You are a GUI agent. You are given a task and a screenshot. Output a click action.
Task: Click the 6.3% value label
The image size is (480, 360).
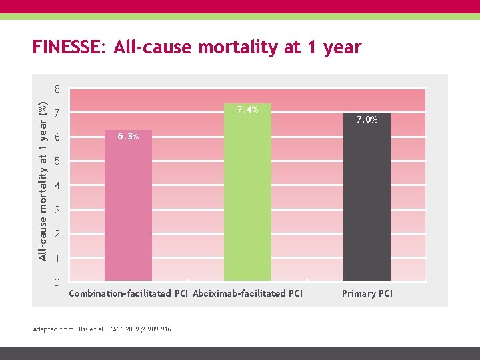pyautogui.click(x=128, y=137)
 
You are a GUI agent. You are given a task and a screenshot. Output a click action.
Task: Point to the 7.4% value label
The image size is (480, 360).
pyautogui.click(x=247, y=109)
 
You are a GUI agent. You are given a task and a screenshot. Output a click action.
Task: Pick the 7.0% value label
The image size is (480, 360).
pyautogui.click(x=367, y=120)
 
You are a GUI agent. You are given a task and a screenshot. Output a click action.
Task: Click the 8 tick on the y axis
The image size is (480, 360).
pyautogui.click(x=58, y=89)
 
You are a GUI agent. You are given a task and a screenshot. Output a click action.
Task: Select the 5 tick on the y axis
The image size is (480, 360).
pyautogui.click(x=58, y=161)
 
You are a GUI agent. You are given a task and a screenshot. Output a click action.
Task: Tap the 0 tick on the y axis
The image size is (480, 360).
pyautogui.click(x=58, y=283)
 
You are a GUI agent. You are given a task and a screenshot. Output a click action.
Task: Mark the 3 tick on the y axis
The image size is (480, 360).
pyautogui.click(x=58, y=210)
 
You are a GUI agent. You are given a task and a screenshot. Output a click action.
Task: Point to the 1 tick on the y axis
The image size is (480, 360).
pyautogui.click(x=58, y=258)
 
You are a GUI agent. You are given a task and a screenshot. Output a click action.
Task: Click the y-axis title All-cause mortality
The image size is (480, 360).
pyautogui.click(x=42, y=180)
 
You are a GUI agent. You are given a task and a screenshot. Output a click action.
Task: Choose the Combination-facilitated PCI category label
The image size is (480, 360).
pyautogui.click(x=129, y=293)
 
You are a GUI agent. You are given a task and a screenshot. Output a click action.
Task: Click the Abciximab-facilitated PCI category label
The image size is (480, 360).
pyautogui.click(x=247, y=293)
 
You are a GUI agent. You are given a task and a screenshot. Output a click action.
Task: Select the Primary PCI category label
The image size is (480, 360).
pyautogui.click(x=367, y=293)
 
